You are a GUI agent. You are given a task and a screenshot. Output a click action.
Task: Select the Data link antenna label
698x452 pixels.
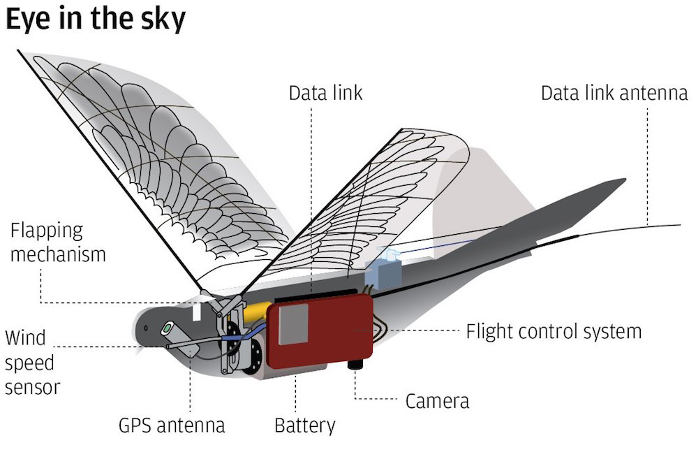tap(614, 93)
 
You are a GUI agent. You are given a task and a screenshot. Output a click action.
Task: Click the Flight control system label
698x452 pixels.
tap(553, 330)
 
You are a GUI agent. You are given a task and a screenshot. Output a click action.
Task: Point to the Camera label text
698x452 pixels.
tap(437, 401)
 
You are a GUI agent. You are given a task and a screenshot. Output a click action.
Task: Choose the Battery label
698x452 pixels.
tap(305, 425)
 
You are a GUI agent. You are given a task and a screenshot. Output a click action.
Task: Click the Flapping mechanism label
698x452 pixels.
tap(57, 242)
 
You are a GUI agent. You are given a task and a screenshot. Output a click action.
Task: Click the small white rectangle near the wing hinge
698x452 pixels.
tap(197, 310)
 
